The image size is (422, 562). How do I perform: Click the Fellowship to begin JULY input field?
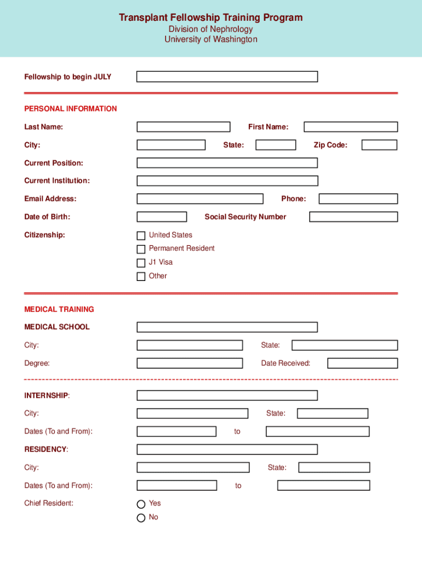click(x=227, y=77)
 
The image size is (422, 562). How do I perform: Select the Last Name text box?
click(x=183, y=127)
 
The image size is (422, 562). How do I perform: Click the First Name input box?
click(x=350, y=127)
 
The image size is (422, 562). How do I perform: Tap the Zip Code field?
click(x=379, y=145)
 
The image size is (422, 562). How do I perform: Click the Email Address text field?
click(x=199, y=199)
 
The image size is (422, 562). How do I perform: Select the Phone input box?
click(x=358, y=199)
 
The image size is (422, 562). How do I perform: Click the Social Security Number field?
click(x=353, y=217)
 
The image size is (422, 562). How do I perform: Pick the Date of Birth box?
click(x=162, y=217)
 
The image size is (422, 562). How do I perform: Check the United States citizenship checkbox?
click(x=141, y=235)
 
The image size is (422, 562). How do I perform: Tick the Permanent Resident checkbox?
click(x=141, y=249)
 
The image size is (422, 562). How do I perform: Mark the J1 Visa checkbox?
click(x=141, y=263)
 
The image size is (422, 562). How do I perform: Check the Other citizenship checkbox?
click(x=141, y=277)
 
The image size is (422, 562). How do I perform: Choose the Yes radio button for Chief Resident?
click(x=141, y=504)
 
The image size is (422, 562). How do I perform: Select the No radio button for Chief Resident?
click(x=141, y=518)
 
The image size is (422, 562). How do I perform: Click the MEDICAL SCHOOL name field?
click(x=227, y=327)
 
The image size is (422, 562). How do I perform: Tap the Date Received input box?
click(x=362, y=363)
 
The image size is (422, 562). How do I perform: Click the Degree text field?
click(x=190, y=363)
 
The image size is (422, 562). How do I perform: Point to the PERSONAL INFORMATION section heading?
click(x=70, y=109)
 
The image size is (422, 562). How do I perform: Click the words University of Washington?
click(x=210, y=40)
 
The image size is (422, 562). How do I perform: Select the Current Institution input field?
click(x=227, y=181)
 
